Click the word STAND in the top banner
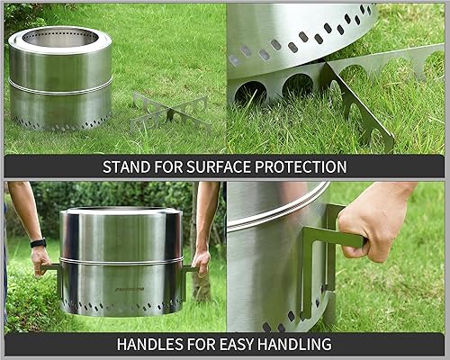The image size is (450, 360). point(125,166)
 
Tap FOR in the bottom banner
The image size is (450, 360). point(207,344)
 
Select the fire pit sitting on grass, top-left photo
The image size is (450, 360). point(59,81)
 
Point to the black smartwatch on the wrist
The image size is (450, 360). point(37,243)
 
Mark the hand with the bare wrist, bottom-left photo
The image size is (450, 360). point(201,261)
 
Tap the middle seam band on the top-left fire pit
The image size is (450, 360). point(59,85)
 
